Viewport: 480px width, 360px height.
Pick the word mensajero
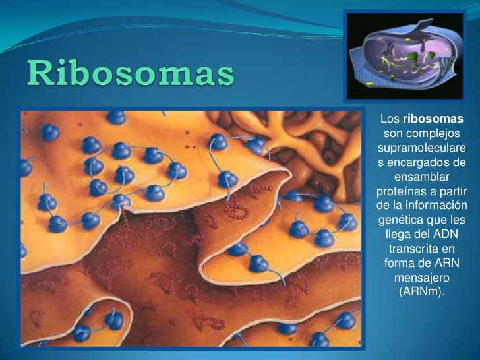pos(421,278)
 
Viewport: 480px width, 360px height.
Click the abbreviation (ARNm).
pos(422,292)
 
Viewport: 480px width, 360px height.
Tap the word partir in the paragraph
pos(450,191)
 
